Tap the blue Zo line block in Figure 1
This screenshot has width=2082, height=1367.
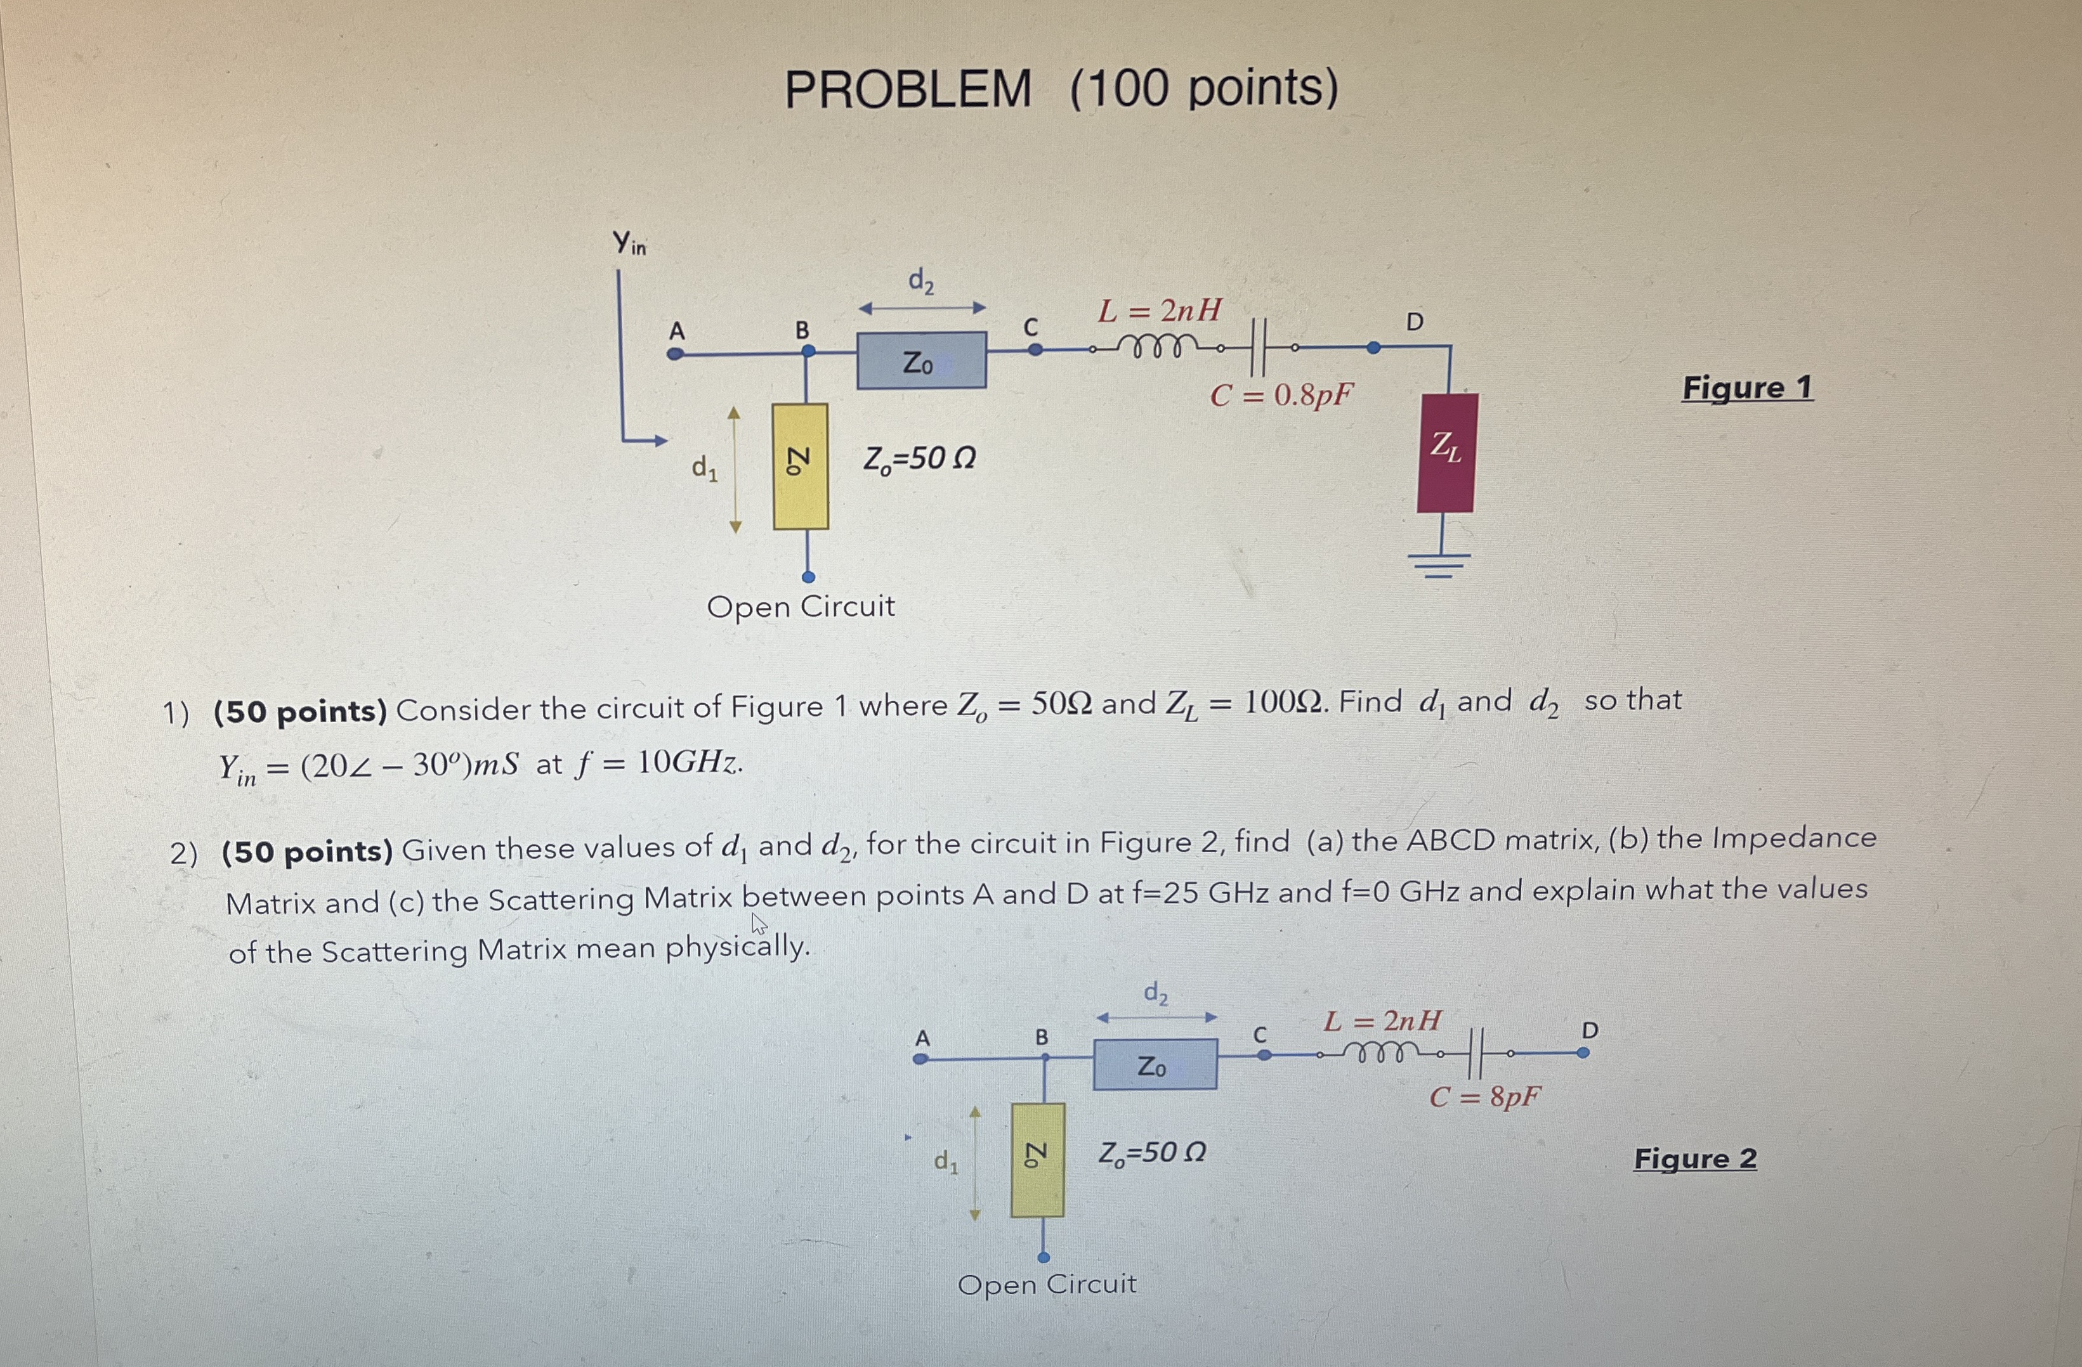coord(921,360)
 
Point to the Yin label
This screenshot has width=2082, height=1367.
coord(629,242)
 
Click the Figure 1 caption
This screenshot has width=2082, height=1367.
coord(1747,387)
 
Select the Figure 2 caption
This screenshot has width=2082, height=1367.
coord(1694,1159)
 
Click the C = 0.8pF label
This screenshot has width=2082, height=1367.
coord(1281,395)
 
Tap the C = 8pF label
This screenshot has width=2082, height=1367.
coord(1484,1096)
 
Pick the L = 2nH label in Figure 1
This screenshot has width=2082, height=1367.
coord(1160,309)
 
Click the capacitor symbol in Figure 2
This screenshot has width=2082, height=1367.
coord(1476,1053)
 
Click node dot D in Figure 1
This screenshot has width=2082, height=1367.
coord(1373,348)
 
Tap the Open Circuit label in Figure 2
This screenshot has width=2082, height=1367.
coord(1047,1285)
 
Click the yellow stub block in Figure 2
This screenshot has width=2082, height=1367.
coord(1037,1160)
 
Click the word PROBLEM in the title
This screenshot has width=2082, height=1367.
coord(908,89)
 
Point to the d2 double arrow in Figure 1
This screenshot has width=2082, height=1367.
coord(922,308)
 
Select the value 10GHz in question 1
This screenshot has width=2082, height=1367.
coord(688,763)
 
